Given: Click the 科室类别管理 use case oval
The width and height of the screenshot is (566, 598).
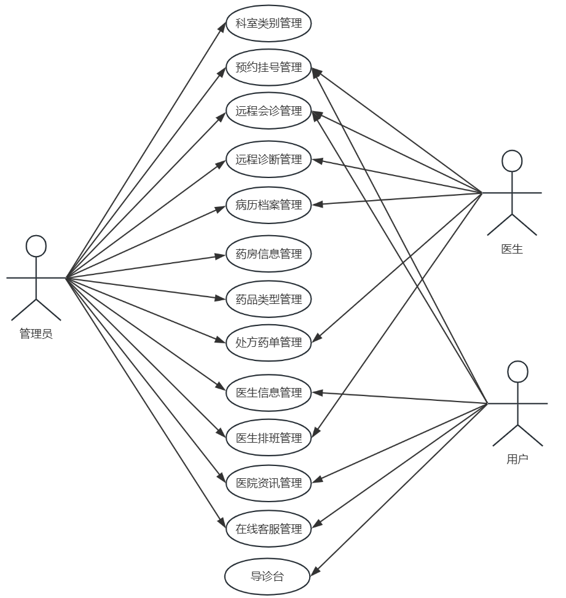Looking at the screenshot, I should (x=269, y=24).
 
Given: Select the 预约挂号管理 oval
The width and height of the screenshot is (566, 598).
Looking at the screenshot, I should (x=269, y=68).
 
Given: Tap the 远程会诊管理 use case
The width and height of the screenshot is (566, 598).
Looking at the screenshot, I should (x=269, y=111).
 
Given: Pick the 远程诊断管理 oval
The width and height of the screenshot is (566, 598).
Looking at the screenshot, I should (x=269, y=160).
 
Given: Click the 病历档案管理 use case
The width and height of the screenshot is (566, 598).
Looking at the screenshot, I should (x=269, y=205).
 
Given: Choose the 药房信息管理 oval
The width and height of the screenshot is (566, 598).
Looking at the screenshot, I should (x=269, y=254).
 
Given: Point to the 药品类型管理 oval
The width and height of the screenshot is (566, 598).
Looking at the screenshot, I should (x=269, y=300).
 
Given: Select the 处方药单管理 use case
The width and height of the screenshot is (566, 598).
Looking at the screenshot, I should (x=269, y=343).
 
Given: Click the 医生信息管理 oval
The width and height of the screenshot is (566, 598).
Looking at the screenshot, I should (x=269, y=392).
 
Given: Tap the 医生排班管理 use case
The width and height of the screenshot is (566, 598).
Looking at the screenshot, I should (x=269, y=438).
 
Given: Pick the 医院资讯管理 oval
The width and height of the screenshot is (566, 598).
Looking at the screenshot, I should (x=269, y=483).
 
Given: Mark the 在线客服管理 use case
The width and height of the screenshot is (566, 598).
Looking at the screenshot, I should (x=269, y=529).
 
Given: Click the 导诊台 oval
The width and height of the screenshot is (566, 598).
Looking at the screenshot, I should (x=267, y=577).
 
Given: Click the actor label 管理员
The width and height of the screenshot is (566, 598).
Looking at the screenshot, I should (x=36, y=335).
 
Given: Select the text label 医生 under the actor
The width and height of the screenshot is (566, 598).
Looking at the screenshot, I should (x=512, y=249).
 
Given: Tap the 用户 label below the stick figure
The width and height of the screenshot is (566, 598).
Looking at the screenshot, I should (x=517, y=459).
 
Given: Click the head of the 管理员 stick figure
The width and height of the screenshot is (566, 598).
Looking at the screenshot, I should (x=36, y=246).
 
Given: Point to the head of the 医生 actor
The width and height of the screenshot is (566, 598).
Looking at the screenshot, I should (x=512, y=160).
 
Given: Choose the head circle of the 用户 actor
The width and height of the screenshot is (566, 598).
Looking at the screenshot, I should (x=518, y=371).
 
